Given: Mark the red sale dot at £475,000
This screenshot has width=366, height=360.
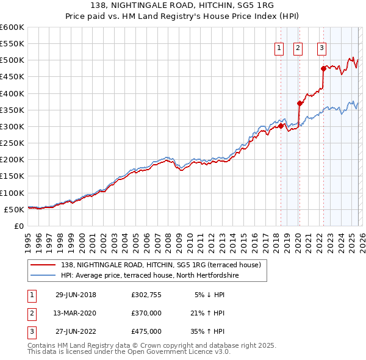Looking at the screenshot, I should (x=323, y=68).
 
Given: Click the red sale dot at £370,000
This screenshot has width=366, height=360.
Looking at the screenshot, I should (x=299, y=103).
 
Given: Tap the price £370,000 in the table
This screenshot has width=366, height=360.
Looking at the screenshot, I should (x=146, y=313).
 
